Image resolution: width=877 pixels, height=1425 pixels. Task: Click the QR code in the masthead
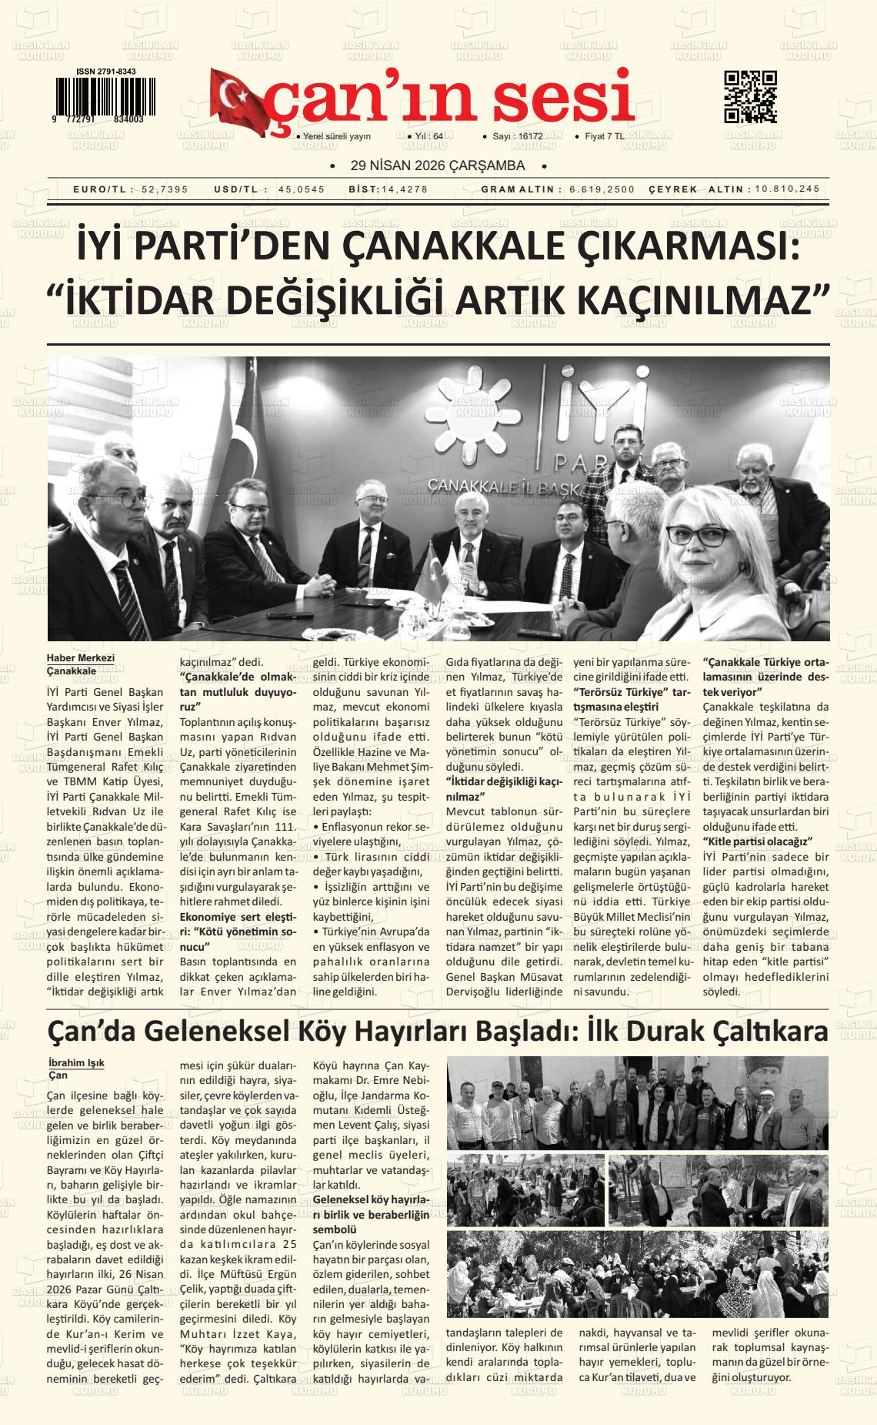[750, 96]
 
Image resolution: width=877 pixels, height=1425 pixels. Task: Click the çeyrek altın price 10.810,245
[788, 189]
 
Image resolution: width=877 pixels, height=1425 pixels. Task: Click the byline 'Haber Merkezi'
[80, 658]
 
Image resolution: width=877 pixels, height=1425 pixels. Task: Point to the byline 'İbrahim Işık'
[76, 1063]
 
